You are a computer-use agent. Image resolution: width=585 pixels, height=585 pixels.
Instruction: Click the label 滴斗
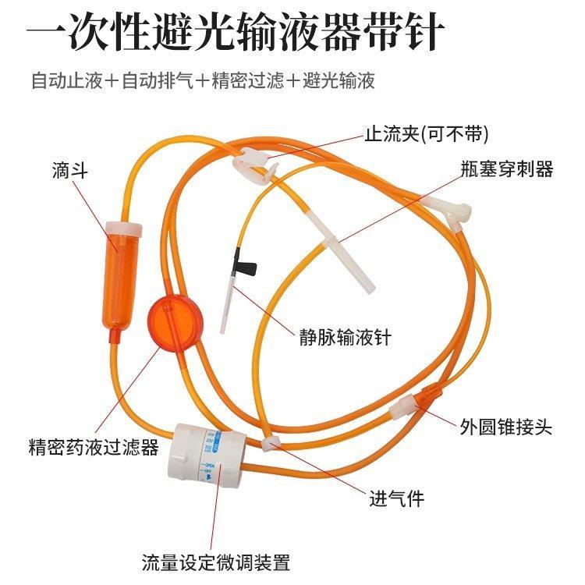click(68, 170)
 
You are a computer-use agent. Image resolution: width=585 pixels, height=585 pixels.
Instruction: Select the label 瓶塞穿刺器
click(507, 169)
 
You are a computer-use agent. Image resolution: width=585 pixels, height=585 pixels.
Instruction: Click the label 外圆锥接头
click(505, 426)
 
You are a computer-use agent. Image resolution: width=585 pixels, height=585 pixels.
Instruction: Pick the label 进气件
click(396, 498)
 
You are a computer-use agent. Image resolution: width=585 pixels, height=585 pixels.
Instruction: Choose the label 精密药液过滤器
click(93, 447)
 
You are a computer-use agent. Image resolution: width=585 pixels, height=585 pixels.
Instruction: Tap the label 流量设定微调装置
click(215, 562)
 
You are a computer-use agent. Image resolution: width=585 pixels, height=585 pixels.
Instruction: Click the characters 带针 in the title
click(417, 34)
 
